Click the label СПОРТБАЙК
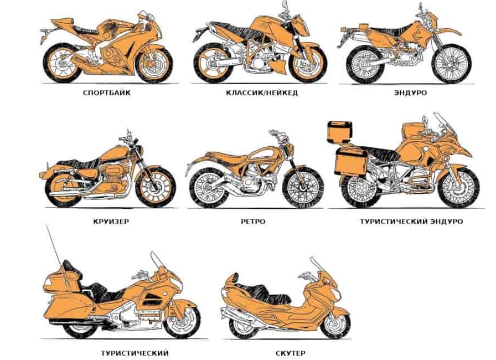click(x=107, y=93)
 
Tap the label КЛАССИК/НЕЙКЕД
click(x=262, y=93)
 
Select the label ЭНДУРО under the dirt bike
click(x=410, y=93)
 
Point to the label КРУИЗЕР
click(x=111, y=222)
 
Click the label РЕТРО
click(x=253, y=222)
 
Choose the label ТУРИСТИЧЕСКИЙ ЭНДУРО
click(x=411, y=222)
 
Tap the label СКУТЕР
click(x=291, y=353)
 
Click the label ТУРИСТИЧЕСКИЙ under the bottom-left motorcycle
click(x=135, y=353)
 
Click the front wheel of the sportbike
click(x=154, y=65)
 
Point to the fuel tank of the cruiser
click(x=116, y=154)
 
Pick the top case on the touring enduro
click(x=340, y=132)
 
